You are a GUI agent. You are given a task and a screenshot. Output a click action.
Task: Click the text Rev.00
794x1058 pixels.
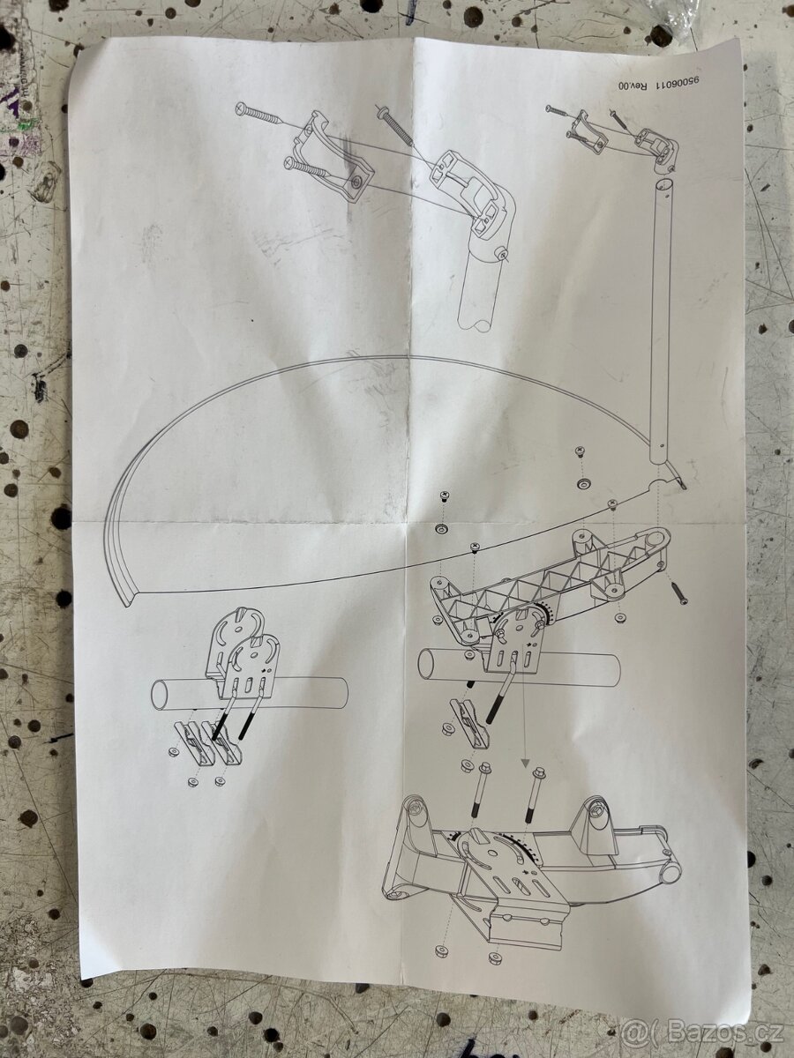[630, 84]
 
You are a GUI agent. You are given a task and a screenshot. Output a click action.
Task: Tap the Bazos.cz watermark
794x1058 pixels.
[702, 1031]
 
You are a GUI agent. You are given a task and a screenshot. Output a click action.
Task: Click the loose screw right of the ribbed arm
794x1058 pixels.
[679, 592]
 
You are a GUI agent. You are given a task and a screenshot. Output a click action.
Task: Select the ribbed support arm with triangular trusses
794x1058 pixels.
[550, 585]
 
